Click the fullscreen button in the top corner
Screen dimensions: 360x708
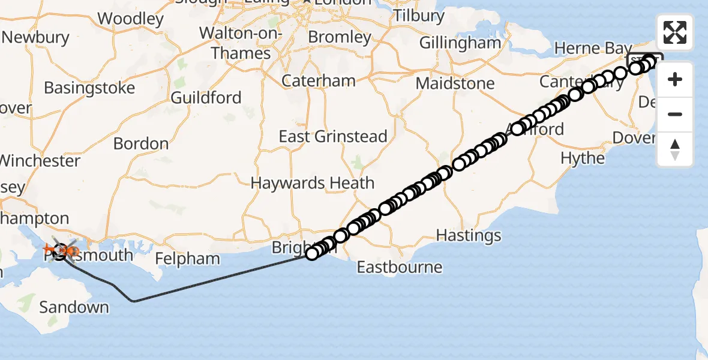675,32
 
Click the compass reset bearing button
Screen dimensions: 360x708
675,149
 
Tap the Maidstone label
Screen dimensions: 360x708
456,83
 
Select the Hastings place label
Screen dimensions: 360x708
469,235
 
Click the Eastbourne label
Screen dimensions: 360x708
400,266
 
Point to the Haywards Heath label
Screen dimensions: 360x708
313,183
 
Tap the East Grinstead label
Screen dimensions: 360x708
333,137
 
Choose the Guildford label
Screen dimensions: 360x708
206,98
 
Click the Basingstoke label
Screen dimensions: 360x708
89,88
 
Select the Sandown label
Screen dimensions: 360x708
74,308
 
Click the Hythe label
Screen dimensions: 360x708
583,158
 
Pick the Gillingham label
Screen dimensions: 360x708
460,43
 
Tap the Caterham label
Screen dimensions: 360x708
319,80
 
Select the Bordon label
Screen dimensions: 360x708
141,144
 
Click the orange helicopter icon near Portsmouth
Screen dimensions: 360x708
50,248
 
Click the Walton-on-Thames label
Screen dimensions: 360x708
241,43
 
